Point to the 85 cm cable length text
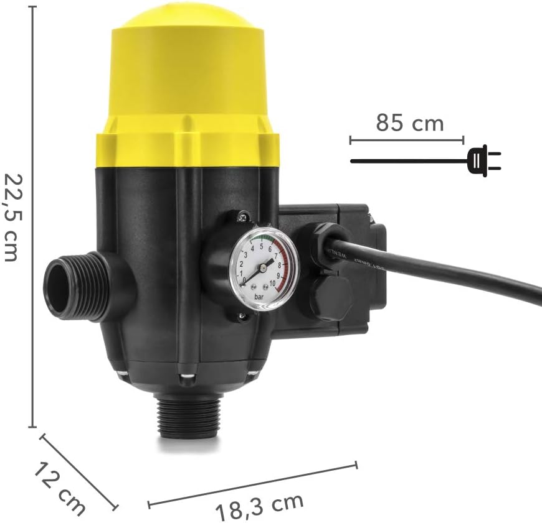[409, 123]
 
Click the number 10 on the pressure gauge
[272, 287]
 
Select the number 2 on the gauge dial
[244, 264]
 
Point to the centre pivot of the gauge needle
[262, 268]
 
